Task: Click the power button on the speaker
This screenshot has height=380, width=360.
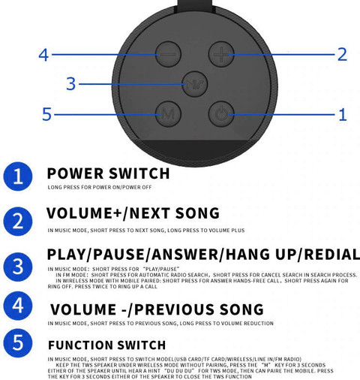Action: coord(221,114)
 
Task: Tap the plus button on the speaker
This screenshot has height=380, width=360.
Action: coord(221,54)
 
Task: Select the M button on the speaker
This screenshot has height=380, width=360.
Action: coord(168,114)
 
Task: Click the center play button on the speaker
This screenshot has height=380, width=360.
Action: coord(195,84)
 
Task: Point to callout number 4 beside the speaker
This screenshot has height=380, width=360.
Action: coord(43,55)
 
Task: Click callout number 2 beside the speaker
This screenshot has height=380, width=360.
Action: coord(342,54)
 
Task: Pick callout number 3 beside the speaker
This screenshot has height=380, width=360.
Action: coord(70,83)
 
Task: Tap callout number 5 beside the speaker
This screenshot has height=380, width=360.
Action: coord(46,114)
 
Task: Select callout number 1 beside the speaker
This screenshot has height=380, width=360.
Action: coord(343,115)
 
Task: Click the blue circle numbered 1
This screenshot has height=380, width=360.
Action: coord(18,176)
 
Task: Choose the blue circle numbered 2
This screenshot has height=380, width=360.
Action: coord(18,222)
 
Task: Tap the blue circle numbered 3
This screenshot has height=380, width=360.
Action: coord(18,267)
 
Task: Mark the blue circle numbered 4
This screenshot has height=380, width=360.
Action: coord(18,306)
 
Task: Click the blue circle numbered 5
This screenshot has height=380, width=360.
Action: coord(18,343)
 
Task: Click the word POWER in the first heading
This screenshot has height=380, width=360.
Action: coord(75,173)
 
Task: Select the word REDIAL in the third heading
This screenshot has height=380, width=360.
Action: coord(332,255)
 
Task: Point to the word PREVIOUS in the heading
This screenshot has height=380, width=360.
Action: coord(175,309)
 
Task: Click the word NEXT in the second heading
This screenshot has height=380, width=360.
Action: coord(150,213)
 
